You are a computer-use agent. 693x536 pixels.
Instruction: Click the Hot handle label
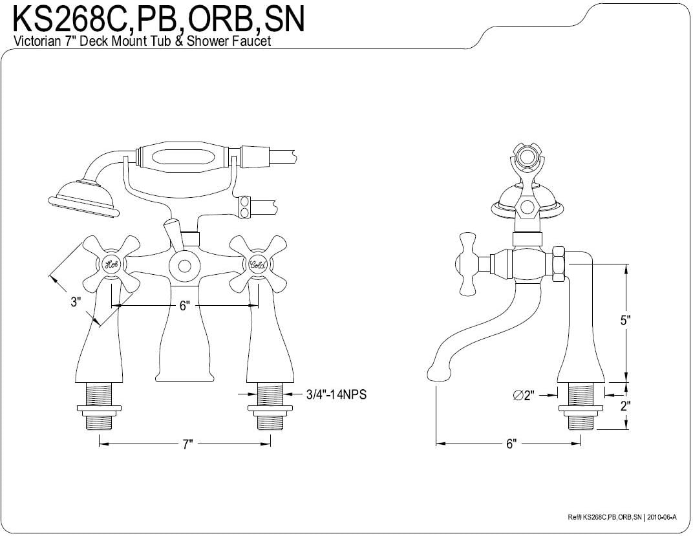click(111, 265)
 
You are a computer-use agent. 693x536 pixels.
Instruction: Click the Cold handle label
click(258, 265)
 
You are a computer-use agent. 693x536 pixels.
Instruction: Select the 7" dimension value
click(188, 444)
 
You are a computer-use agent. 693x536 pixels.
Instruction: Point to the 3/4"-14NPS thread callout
click(336, 394)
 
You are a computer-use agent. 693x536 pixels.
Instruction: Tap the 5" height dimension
click(625, 320)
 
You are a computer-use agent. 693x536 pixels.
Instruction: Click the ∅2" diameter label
click(524, 396)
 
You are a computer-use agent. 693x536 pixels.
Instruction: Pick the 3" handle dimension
click(76, 302)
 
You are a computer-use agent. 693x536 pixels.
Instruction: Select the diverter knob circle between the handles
click(184, 266)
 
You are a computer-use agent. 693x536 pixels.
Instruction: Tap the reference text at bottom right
click(622, 517)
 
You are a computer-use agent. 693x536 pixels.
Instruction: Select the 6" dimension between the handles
click(184, 305)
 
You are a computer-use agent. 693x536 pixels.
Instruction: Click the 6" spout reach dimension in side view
click(511, 444)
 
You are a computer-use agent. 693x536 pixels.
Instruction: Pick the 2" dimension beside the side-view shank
click(625, 405)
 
